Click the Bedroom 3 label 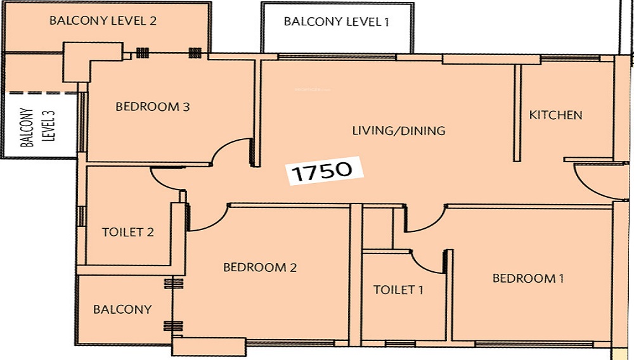click(152, 106)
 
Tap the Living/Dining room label click(399, 131)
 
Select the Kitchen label click(555, 115)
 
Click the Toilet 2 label click(128, 233)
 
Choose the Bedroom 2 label click(260, 267)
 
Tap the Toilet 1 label click(398, 290)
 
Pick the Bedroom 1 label click(528, 278)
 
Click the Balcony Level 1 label click(336, 22)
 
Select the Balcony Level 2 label click(103, 21)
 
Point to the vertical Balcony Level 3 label click(37, 127)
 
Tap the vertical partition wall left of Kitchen click(517, 113)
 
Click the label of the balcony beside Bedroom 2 click(122, 309)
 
